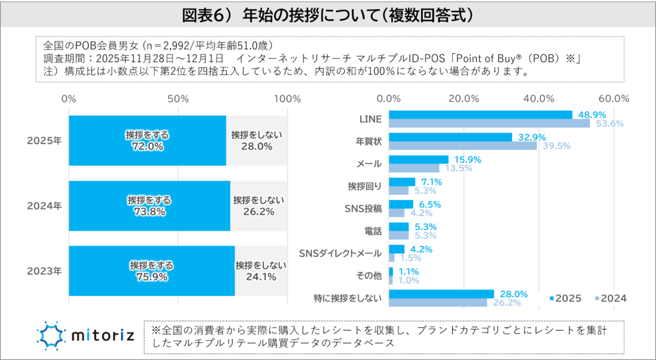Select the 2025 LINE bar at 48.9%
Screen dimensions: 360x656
[x=480, y=115]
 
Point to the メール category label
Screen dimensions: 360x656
[x=369, y=164]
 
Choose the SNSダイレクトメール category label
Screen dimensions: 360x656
[x=341, y=253]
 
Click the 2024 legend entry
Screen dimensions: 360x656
[x=610, y=299]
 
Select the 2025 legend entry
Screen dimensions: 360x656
[x=564, y=299]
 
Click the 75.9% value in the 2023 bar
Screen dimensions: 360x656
[x=151, y=277]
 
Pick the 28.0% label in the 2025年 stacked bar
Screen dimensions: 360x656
[x=257, y=147]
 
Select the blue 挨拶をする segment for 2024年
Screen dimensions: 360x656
[x=149, y=206]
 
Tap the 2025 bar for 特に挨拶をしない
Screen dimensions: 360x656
[x=441, y=293]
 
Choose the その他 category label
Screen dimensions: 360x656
[x=368, y=275]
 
